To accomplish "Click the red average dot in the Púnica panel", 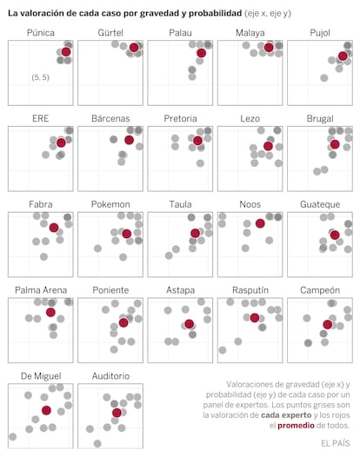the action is [66, 52].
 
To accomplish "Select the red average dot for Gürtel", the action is [134, 47].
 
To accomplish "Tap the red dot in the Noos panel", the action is [260, 223].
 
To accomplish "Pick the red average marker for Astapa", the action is [189, 324].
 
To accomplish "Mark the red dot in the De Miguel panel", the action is [46, 410].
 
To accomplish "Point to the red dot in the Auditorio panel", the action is [117, 413].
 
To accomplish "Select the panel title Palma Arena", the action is [41, 290].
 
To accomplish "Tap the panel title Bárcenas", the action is [110, 119].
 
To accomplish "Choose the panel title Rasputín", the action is [250, 290].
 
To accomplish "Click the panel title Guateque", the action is [320, 204].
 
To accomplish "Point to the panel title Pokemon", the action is [110, 204].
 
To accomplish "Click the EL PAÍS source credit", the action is [335, 443].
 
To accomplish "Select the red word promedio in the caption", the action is [296, 426].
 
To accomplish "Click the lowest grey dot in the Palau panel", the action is [192, 76].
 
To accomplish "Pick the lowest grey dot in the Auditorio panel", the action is [97, 444].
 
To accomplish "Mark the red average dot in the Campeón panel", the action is [328, 324].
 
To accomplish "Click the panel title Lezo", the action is [250, 119].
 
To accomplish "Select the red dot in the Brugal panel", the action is [335, 144].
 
